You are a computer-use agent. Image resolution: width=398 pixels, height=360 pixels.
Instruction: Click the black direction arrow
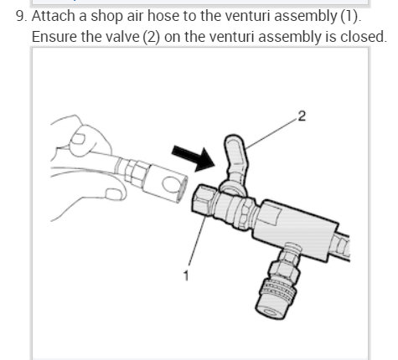point(194,158)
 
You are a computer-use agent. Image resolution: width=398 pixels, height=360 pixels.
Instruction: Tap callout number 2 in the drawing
point(302,116)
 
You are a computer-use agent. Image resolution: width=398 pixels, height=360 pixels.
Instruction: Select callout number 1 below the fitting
point(186,275)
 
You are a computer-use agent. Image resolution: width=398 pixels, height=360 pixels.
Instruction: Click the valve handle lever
point(236,157)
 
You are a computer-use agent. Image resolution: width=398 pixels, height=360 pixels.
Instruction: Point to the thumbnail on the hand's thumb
point(79,139)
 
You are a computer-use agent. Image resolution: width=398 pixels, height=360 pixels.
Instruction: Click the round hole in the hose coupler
point(170,184)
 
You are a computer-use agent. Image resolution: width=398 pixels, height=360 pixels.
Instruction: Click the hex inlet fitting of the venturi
point(202,200)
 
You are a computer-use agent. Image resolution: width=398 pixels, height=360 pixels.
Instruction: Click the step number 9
point(22,16)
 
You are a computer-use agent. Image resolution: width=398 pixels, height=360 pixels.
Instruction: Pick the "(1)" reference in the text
point(349,16)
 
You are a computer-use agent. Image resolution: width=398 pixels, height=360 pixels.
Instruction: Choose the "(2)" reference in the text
point(151,38)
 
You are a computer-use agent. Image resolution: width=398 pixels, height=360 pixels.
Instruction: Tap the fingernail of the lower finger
point(114,194)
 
